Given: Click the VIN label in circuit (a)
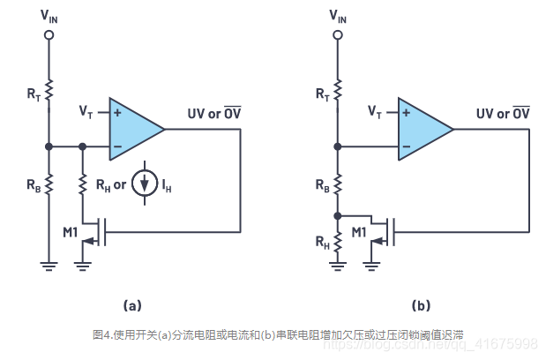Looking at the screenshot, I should coord(49,17).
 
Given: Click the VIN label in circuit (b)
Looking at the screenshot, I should coord(338,17).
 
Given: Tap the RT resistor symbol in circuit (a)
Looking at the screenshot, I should coord(49,90).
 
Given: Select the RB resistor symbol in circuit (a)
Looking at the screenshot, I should coord(49,184).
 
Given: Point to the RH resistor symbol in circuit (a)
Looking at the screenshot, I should coord(82,184).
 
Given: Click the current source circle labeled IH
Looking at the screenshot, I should coord(143,184).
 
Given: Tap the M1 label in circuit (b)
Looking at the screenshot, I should coord(360,231).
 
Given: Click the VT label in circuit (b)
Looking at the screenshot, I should coord(374,112).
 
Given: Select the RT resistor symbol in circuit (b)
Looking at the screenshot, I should coord(338,90).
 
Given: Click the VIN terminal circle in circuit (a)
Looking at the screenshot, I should coord(49,34).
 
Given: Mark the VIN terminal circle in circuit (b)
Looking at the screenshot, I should coord(338,34).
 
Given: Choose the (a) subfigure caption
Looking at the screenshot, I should coord(131,305).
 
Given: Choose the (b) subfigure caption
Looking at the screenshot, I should coord(421,305).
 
